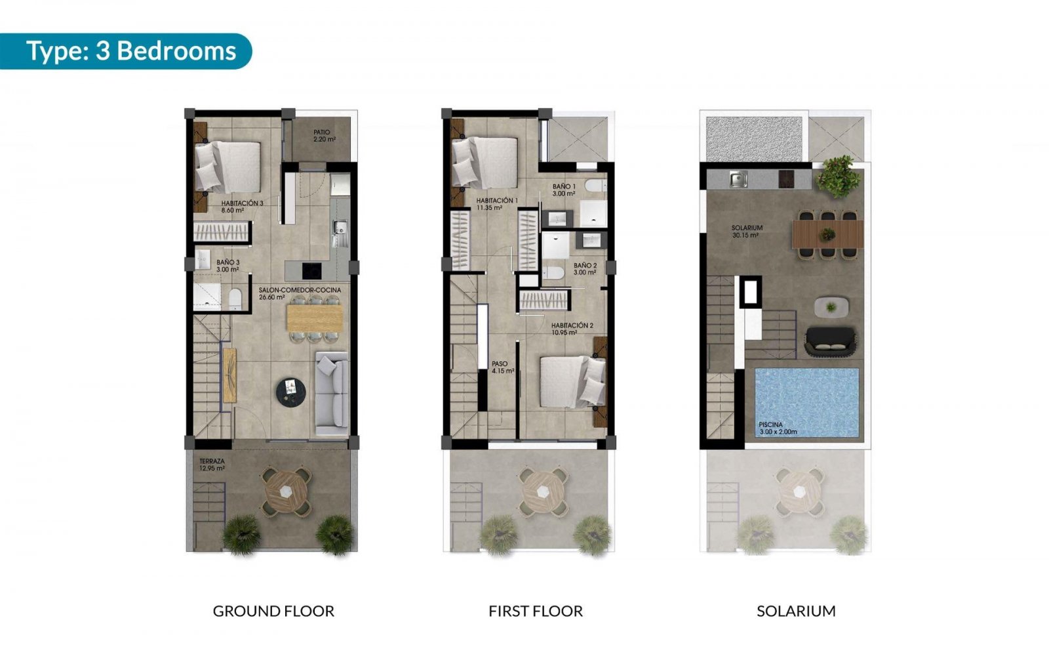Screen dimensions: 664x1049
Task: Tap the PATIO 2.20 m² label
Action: [x=323, y=136]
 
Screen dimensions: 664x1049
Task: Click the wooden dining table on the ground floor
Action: [x=315, y=318]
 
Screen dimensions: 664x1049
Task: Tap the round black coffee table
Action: [x=290, y=392]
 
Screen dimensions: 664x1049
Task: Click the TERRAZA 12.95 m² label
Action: [x=212, y=465]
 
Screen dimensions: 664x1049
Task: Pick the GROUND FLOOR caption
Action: [x=273, y=612]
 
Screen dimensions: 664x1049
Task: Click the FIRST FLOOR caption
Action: [x=536, y=612]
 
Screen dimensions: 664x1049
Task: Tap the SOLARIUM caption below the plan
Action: [x=796, y=612]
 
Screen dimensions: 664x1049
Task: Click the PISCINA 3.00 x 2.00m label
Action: [x=778, y=428]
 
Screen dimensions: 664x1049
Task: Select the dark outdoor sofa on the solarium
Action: [x=831, y=341]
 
